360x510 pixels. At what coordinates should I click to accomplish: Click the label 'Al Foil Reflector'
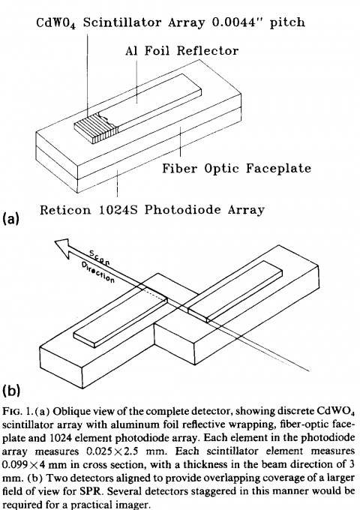click(x=181, y=51)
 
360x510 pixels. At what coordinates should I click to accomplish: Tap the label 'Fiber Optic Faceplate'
click(x=237, y=168)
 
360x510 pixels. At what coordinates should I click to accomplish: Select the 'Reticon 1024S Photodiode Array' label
click(x=151, y=210)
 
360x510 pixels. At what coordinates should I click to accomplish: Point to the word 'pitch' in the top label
click(x=287, y=22)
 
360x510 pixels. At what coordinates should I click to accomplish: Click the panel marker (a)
click(x=11, y=218)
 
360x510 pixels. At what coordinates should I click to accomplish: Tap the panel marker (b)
click(x=11, y=390)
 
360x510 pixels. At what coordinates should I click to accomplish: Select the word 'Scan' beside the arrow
click(x=100, y=258)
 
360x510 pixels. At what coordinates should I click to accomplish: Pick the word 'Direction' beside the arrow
click(x=98, y=272)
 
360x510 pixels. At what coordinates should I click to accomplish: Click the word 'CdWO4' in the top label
click(x=56, y=23)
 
